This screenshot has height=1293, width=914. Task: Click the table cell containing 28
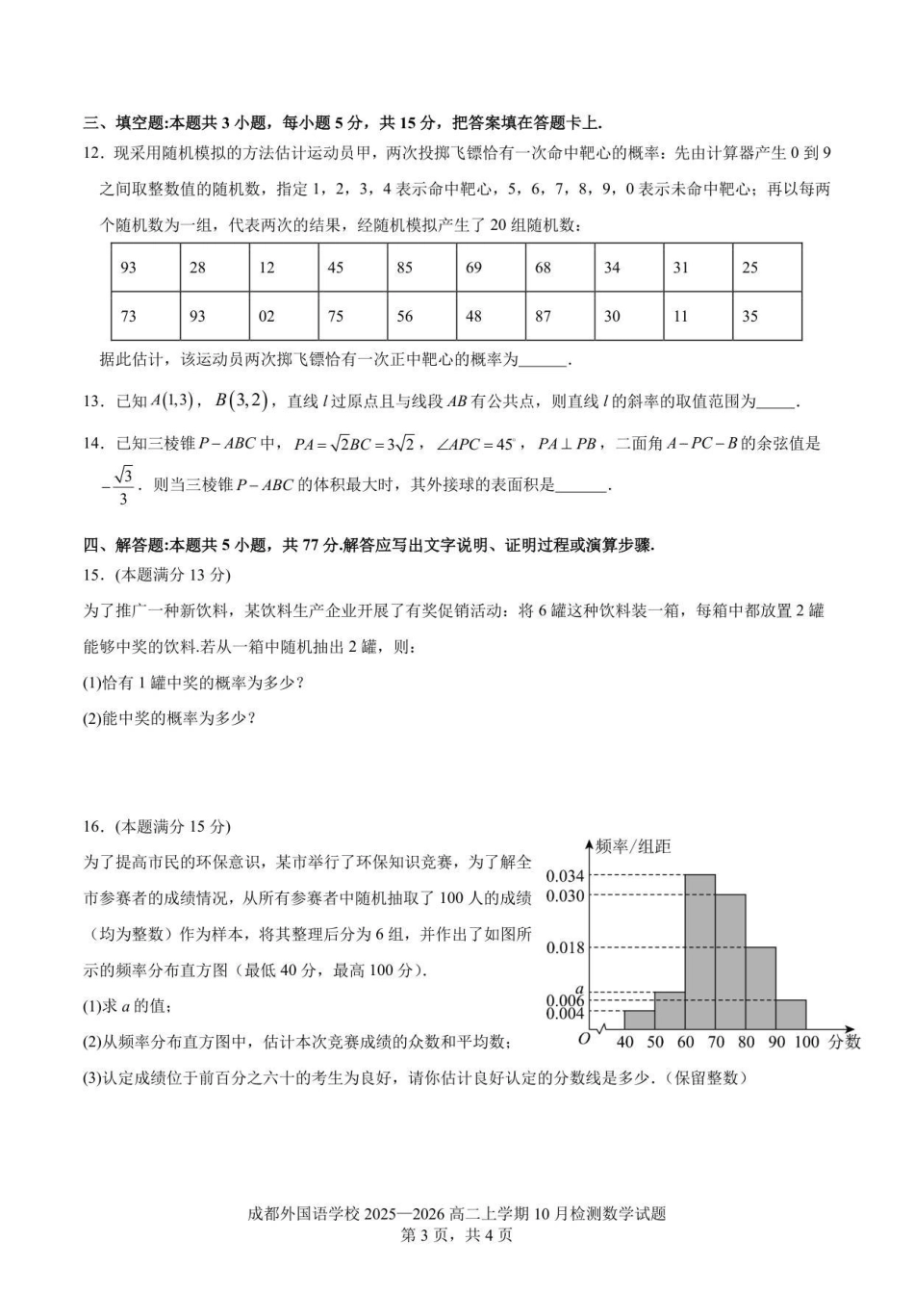tap(215, 268)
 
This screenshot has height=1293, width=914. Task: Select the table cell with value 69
tap(491, 268)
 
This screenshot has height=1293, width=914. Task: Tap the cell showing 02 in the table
tap(284, 316)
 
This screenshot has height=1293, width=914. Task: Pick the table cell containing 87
tap(560, 316)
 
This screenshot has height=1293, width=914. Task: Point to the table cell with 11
tap(698, 316)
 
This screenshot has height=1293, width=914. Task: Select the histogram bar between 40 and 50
tap(639, 1020)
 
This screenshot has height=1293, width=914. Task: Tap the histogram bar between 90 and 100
tap(791, 1015)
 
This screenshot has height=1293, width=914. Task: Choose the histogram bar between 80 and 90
tap(760, 988)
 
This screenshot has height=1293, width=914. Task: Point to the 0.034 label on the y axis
tap(565, 876)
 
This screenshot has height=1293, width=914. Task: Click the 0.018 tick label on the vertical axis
tap(565, 948)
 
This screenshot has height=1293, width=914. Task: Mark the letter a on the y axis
tap(579, 989)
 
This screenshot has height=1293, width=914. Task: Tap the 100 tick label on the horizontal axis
tap(806, 1042)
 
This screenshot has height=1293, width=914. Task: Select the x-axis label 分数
tap(845, 1042)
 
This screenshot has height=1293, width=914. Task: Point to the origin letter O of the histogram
tap(583, 1039)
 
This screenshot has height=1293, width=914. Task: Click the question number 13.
tap(92, 401)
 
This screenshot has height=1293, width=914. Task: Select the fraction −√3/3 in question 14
tap(119, 485)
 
